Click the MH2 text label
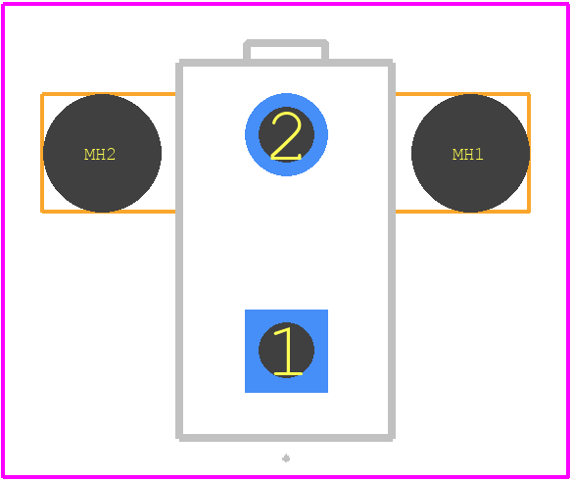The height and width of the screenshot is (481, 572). click(100, 155)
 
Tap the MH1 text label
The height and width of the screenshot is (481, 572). click(467, 155)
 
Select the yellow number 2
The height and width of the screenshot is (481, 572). click(286, 136)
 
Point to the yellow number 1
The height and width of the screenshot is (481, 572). click(288, 351)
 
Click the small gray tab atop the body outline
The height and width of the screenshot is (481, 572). click(286, 43)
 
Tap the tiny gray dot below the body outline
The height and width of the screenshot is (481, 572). click(286, 458)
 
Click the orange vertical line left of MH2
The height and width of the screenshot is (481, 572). click(42, 153)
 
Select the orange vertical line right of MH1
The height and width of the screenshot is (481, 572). click(529, 153)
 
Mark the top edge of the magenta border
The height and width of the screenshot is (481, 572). click(286, 4)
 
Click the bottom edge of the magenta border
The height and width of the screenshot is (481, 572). click(286, 477)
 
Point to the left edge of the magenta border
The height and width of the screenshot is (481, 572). click(3, 240)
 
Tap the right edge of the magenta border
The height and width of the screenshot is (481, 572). click(568, 240)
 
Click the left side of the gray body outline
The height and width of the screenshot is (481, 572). click(179, 250)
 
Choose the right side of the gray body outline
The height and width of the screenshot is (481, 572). click(392, 250)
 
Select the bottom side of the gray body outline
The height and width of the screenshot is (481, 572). click(286, 438)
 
